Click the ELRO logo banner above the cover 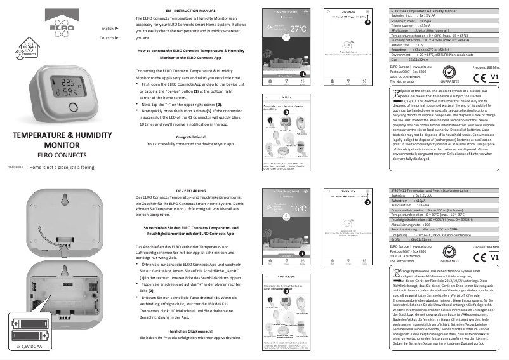(39, 24)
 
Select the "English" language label (107, 29)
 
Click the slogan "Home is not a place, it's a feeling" (62, 168)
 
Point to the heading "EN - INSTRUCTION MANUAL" (190, 11)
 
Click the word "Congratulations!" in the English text (190, 137)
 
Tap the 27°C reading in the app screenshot (298, 29)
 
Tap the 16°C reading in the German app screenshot (298, 208)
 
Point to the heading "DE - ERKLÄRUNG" (190, 190)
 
